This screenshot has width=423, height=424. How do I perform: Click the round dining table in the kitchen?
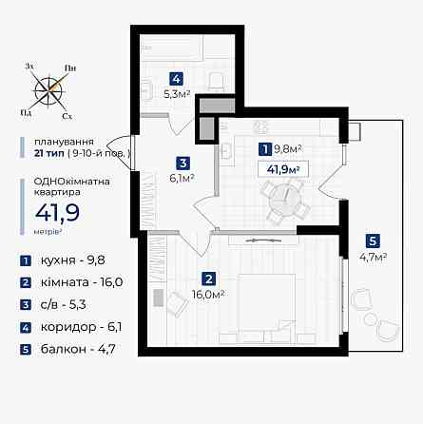click(x=282, y=197)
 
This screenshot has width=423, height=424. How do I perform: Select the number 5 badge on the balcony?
click(x=373, y=241)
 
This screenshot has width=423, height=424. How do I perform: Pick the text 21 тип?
click(x=49, y=152)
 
